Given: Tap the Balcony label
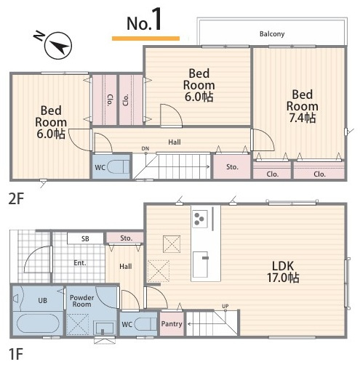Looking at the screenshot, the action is [x=272, y=34].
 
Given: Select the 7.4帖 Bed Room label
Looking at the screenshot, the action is [x=302, y=106].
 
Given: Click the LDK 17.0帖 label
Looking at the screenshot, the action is [x=283, y=272].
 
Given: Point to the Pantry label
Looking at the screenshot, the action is [x=172, y=324].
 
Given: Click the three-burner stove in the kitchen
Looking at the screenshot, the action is [x=200, y=219].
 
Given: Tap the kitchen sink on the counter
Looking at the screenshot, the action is [x=201, y=265].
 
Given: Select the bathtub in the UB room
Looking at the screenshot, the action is [x=38, y=324].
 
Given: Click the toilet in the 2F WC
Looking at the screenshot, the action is [x=119, y=166].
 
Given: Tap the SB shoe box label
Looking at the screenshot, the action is [x=85, y=239].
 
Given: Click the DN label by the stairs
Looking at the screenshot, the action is [x=145, y=148].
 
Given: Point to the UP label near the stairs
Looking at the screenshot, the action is [x=225, y=306].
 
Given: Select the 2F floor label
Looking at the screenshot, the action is [x=16, y=199].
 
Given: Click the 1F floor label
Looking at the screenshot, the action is [x=15, y=354].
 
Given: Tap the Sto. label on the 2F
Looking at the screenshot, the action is [x=232, y=167].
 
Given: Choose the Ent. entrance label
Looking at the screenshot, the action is [x=80, y=263].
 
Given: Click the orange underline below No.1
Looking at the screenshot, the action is [x=145, y=39].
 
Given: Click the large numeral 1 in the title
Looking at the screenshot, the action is [x=157, y=19].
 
